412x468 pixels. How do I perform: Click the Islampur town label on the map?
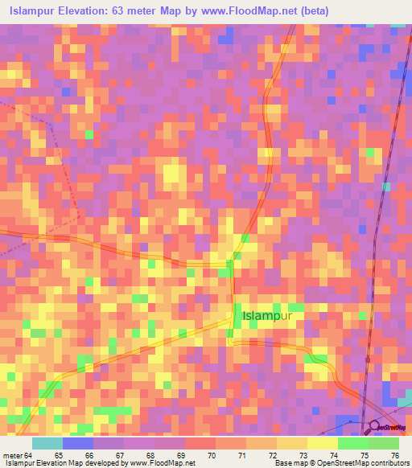(267, 317)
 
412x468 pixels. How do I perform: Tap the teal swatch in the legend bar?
(47, 443)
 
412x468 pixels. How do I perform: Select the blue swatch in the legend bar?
(78, 443)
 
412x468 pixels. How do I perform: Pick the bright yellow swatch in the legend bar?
(322, 443)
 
